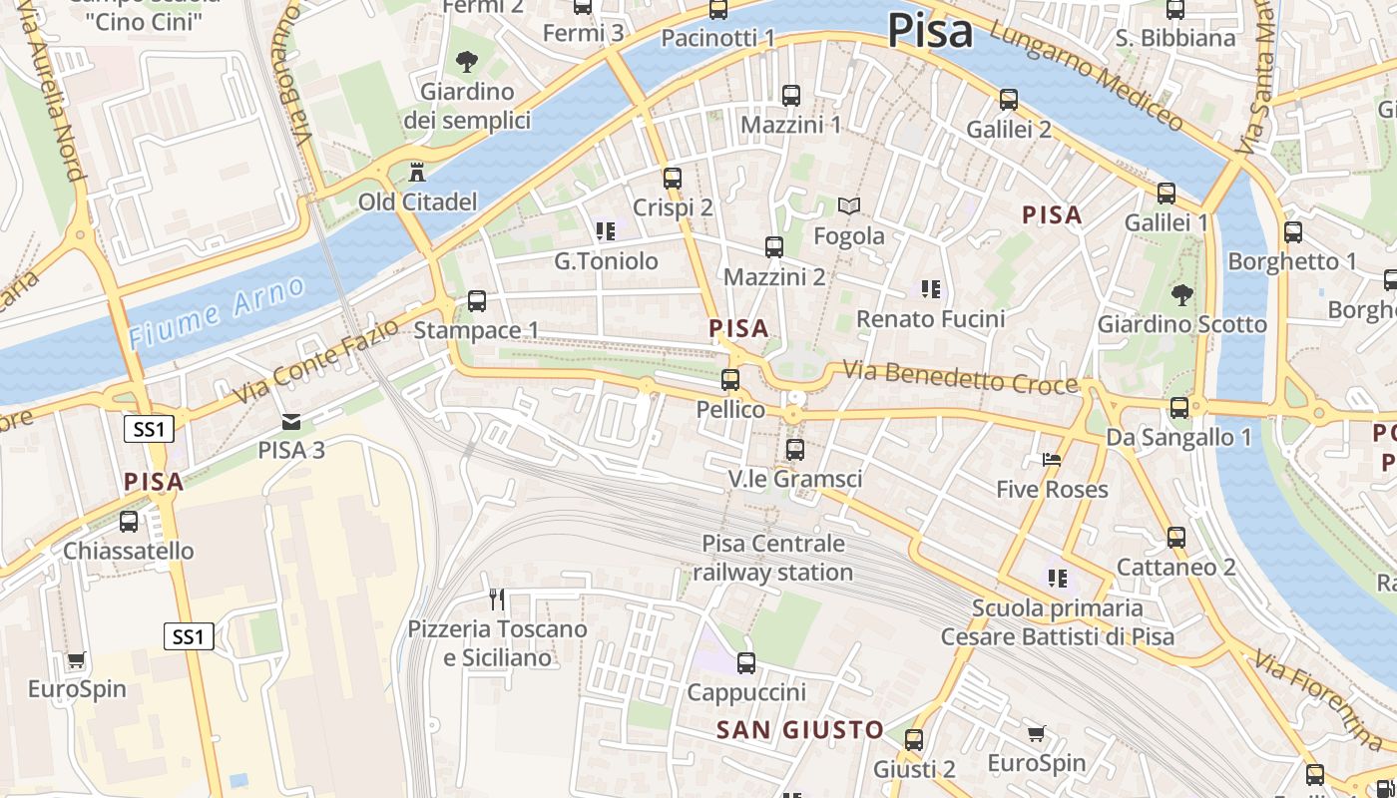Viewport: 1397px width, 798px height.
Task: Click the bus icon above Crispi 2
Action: [x=673, y=179]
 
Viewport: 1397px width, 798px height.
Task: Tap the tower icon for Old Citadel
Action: [x=416, y=173]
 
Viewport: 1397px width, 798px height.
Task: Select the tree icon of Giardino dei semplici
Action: [x=466, y=63]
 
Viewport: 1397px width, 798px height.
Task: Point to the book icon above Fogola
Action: [x=849, y=206]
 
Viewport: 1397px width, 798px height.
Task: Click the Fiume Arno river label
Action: [x=218, y=312]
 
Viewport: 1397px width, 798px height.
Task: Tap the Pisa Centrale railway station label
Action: [x=773, y=558]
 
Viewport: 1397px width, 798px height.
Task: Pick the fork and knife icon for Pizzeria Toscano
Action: [x=497, y=599]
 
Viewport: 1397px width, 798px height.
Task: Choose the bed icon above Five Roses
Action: [x=1052, y=460]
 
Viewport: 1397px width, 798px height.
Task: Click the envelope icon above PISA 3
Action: [x=290, y=422]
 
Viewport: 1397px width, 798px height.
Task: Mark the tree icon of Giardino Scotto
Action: [x=1181, y=294]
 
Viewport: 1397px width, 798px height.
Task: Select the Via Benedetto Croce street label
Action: [x=960, y=377]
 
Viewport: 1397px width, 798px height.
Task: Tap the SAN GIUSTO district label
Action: [x=799, y=730]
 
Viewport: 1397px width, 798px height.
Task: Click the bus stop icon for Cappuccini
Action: [x=745, y=663]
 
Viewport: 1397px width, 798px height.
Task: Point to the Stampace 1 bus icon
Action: [x=477, y=300]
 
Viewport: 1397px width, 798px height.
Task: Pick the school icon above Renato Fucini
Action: [x=930, y=289]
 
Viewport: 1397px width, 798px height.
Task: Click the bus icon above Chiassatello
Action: [x=129, y=521]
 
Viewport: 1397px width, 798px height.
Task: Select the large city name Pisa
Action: [x=929, y=30]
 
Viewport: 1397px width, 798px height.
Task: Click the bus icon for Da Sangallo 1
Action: [x=1178, y=408]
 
